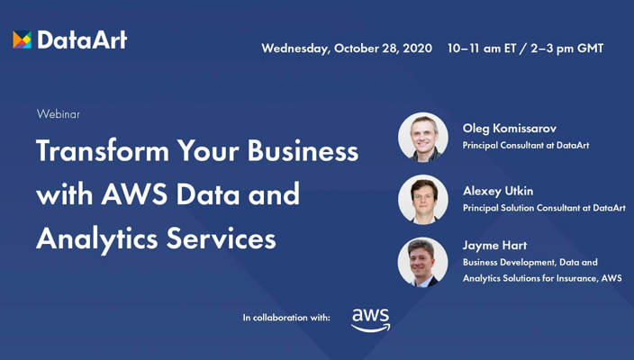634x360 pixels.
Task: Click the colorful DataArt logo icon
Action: pos(22,40)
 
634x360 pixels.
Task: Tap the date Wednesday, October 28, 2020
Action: pos(347,48)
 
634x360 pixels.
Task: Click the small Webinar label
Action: pos(59,114)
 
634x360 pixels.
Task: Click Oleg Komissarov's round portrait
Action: pos(422,137)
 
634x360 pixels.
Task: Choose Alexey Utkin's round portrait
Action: pos(422,199)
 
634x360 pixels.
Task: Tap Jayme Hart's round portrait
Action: pos(422,262)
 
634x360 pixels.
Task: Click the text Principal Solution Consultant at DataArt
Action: pos(543,208)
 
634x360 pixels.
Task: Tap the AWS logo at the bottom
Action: pos(370,319)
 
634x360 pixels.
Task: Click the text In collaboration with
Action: pos(286,318)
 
